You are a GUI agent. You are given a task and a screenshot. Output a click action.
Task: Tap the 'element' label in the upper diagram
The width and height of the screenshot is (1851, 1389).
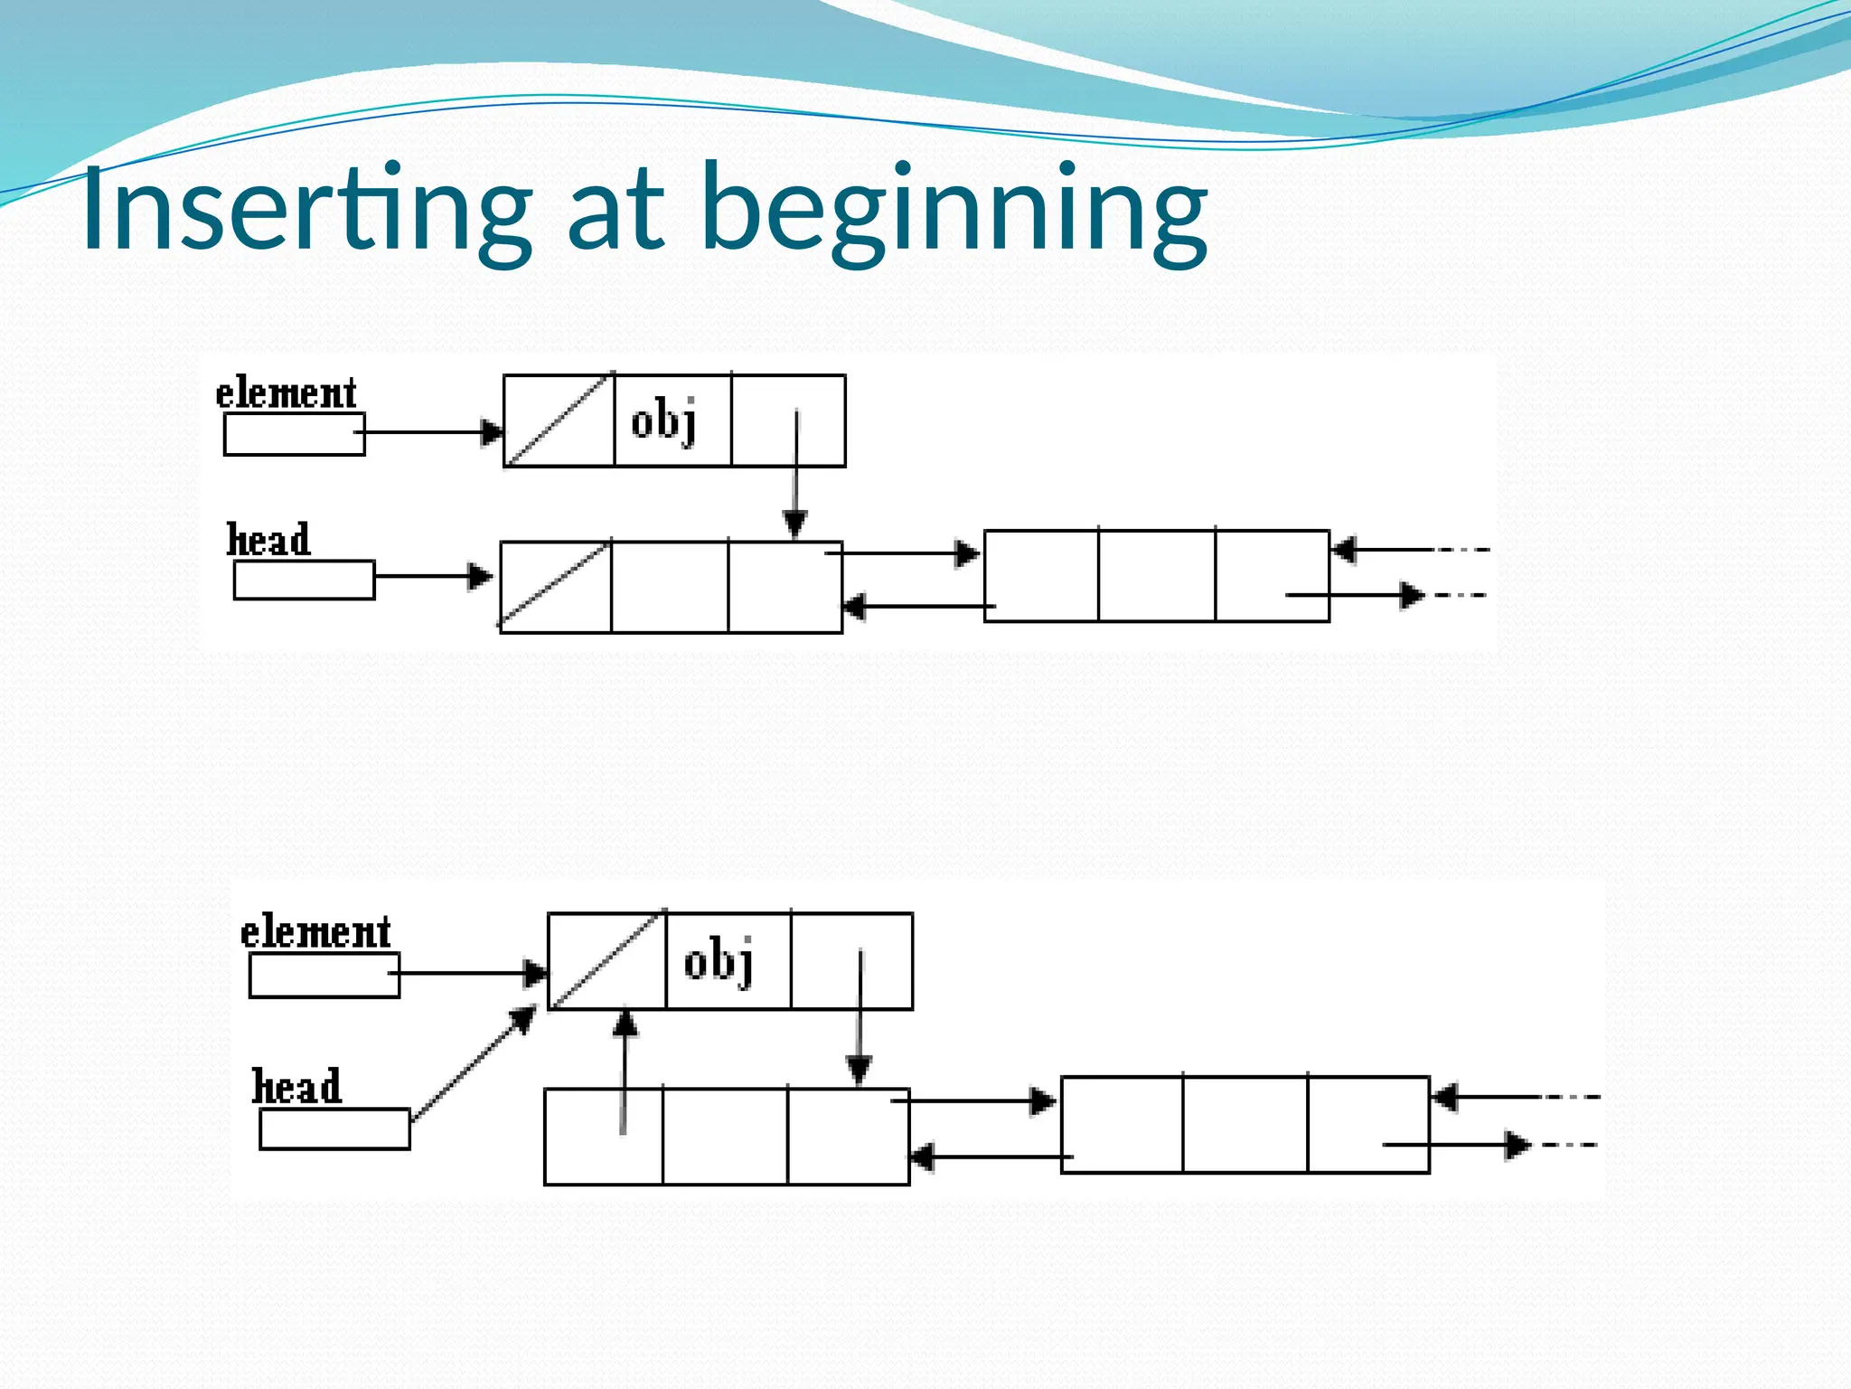[286, 394]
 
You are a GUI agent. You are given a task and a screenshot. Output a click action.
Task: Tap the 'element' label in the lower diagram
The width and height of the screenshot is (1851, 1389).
[315, 932]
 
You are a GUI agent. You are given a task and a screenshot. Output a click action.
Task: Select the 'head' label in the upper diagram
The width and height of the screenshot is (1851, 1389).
[268, 540]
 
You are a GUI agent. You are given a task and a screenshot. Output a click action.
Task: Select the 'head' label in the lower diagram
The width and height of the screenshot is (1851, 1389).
[296, 1086]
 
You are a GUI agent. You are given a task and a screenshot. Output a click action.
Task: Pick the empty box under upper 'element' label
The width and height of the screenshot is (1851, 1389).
[294, 434]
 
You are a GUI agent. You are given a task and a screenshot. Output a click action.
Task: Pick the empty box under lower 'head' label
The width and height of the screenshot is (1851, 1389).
[334, 1129]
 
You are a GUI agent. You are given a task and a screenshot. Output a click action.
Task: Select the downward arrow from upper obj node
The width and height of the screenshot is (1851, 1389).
[795, 475]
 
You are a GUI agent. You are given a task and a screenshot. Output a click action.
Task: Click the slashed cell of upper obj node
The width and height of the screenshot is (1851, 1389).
[559, 421]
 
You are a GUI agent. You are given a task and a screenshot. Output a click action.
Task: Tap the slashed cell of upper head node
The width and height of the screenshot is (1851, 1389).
[555, 587]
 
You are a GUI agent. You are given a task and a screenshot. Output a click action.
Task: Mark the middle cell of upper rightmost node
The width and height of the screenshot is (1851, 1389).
[1157, 576]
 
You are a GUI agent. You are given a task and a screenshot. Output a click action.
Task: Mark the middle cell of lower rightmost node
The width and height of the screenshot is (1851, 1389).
[1245, 1125]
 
